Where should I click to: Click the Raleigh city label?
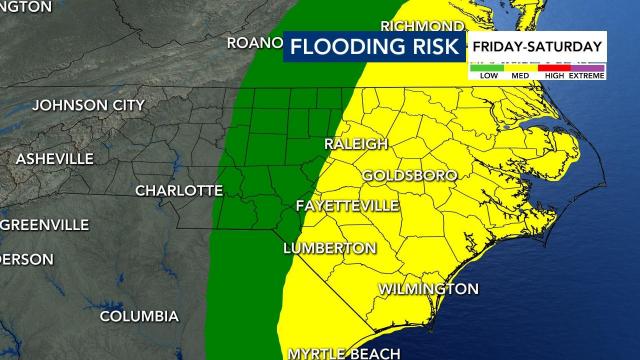coord(356,144)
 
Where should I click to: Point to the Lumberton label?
coord(330,247)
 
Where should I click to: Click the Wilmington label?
coord(428,289)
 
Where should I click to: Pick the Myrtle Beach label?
coord(344,353)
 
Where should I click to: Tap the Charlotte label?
coord(179,190)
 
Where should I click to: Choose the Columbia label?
coord(139,316)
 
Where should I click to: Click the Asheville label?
coord(55,159)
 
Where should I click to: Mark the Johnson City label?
coord(88,105)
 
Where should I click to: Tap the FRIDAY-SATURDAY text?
coord(538,46)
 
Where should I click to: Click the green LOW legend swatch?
coord(489,65)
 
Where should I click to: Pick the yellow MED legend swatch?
coord(521,65)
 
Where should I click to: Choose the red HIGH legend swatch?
coord(554,65)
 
